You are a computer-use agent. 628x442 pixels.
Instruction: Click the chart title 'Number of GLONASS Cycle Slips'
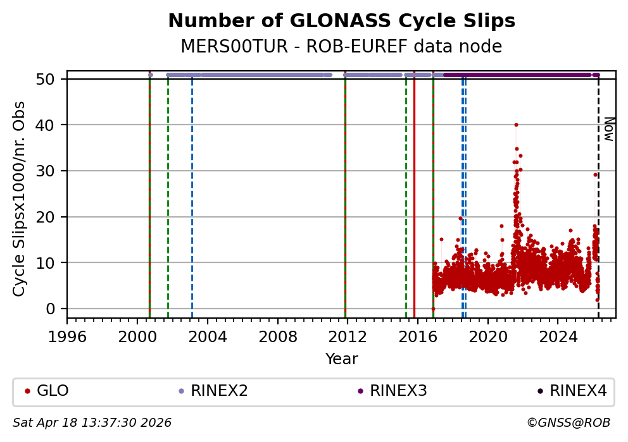(341, 21)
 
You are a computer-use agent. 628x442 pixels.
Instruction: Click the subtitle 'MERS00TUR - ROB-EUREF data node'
(341, 47)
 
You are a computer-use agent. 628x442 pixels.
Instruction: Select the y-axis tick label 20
(51, 217)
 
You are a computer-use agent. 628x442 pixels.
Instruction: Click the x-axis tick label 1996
(68, 335)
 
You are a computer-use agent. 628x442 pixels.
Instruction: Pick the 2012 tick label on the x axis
(348, 335)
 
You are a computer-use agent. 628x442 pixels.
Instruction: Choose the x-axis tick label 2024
(558, 335)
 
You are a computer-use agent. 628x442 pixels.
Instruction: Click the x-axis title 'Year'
(341, 360)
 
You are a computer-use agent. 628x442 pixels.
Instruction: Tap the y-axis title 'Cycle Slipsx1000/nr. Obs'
(20, 199)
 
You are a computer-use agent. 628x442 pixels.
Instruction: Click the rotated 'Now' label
(608, 129)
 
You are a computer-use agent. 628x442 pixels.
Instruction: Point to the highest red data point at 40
(516, 125)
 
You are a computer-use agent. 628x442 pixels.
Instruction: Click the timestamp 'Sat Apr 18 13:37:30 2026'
(92, 423)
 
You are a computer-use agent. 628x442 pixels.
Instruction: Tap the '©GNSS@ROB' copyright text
(568, 423)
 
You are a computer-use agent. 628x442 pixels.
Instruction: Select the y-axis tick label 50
(51, 79)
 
